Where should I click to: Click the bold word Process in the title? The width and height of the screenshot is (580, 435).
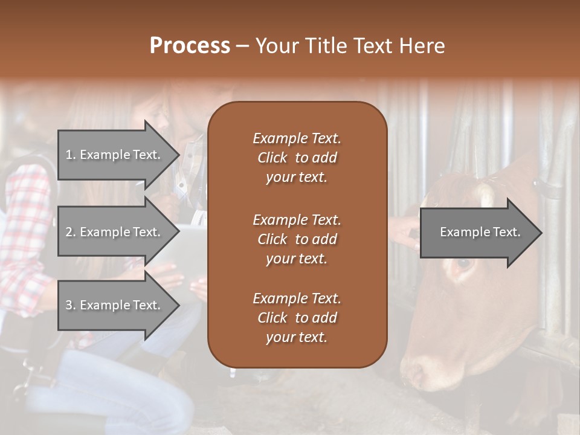[190, 46]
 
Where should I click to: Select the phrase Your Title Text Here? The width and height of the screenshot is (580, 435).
[350, 46]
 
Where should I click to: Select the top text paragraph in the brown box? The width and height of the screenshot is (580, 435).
[297, 158]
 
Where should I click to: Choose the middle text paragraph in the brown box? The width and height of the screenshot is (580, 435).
[297, 239]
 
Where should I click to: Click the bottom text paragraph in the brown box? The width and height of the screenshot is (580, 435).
[297, 317]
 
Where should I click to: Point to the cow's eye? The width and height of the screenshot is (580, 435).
[463, 263]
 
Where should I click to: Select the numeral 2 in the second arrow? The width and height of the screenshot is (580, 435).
[69, 232]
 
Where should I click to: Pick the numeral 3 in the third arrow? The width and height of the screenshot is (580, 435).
[69, 305]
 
